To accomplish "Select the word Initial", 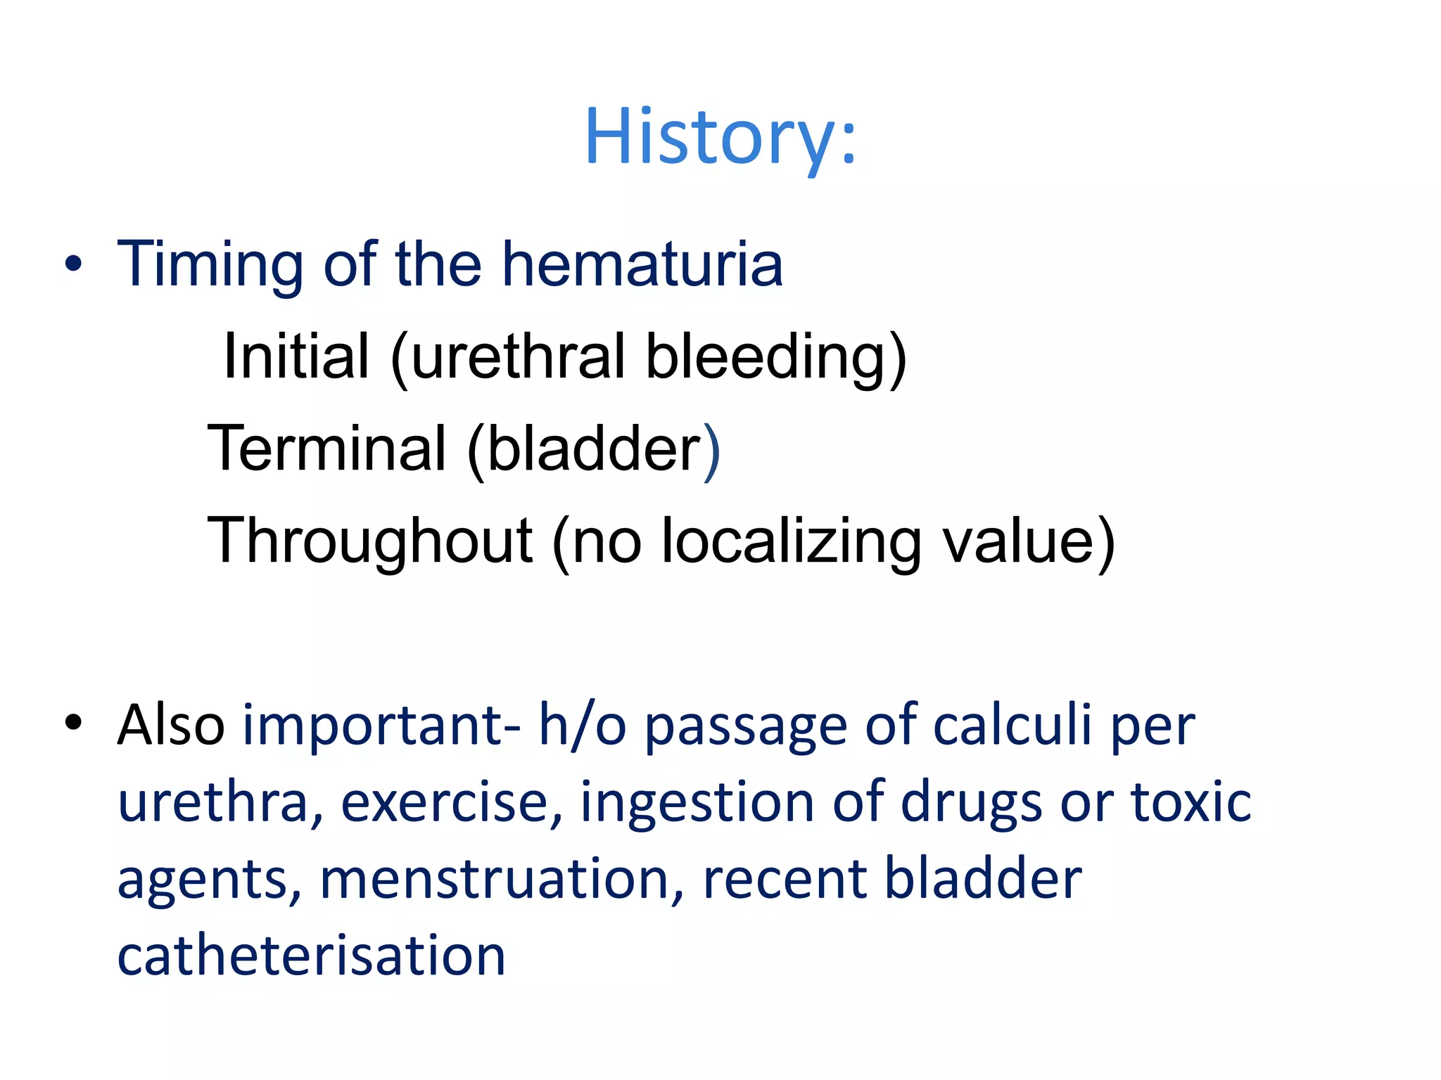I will tap(296, 356).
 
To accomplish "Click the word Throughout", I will tap(370, 541).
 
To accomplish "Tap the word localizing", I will tap(791, 541).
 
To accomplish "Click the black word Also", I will tap(171, 725).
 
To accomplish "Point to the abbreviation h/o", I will tap(582, 725).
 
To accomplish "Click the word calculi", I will tap(1012, 725).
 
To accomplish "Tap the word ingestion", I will tap(697, 802).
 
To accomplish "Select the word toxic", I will tap(1191, 802).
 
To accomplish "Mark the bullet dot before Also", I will tap(73, 722).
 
